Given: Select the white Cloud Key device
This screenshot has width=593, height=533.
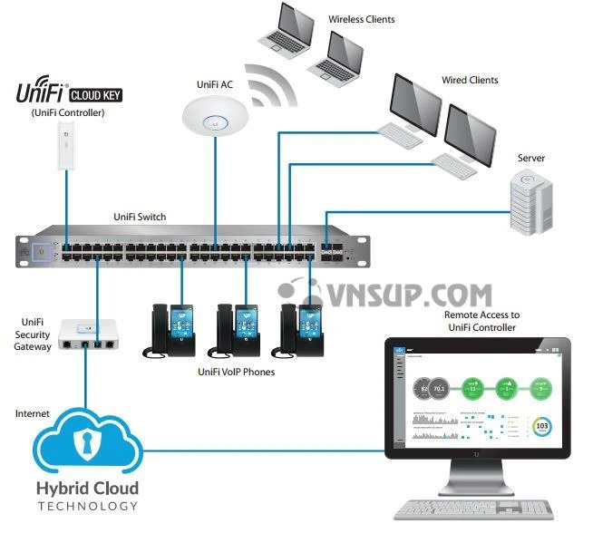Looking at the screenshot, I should point(66,145).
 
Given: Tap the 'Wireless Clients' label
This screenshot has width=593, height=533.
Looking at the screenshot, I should point(362,19).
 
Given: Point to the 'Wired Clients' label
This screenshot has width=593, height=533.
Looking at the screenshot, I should point(470,80).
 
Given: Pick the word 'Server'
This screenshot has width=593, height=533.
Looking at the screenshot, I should point(531,158).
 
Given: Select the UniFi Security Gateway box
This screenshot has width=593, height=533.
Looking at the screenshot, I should point(88,336).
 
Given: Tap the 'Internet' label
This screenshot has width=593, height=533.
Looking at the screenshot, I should point(33,413).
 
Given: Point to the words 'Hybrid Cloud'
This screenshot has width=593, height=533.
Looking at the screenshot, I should point(87,489).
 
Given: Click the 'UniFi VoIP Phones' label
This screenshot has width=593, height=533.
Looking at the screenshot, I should point(235,372).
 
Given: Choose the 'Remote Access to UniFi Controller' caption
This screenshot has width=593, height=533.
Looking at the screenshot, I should point(480,321).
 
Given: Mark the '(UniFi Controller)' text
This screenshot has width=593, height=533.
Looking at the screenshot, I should point(68,112).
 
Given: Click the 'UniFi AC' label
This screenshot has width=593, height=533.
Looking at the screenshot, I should point(215,84).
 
